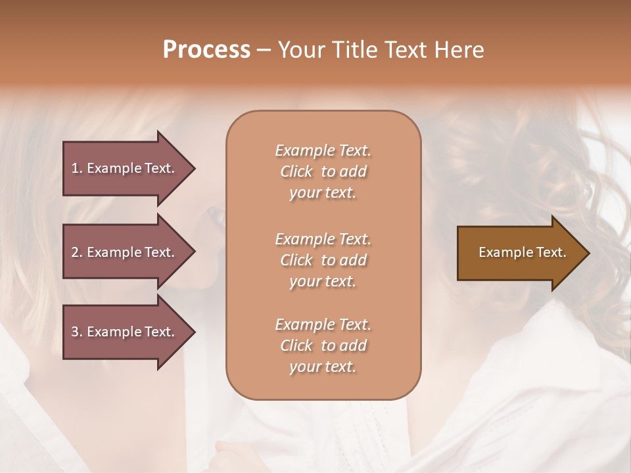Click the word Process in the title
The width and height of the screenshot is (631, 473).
coord(206,49)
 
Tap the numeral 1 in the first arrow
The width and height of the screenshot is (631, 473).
coord(75,168)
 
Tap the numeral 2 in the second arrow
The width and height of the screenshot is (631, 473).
coord(75,252)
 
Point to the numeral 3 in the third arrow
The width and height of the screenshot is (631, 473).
coord(75,332)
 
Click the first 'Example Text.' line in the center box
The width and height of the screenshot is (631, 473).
coord(323,150)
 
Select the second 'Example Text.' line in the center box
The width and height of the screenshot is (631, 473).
coord(323,238)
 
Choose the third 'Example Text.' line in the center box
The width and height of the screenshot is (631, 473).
coord(323,325)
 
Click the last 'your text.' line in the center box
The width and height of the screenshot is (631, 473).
coord(323,367)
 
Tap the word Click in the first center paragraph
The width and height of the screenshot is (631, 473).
coord(296,171)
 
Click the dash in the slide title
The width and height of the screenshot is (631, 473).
coord(264,50)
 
